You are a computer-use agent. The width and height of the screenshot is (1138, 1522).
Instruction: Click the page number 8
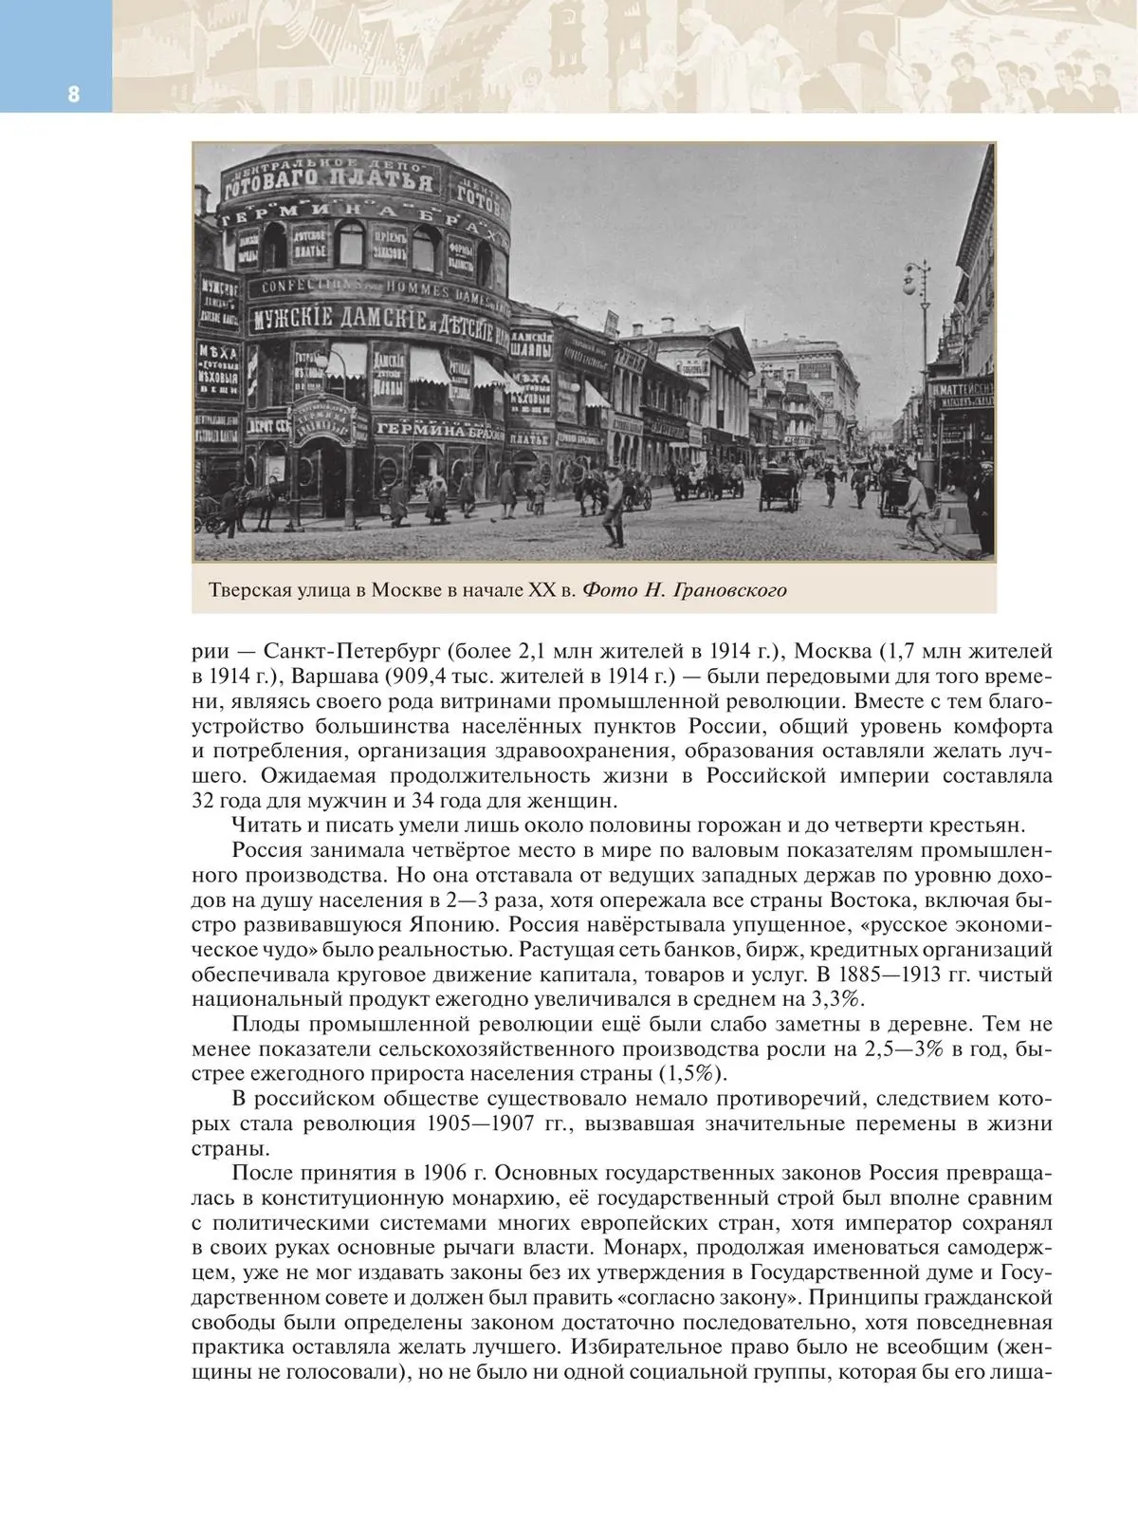[x=73, y=94]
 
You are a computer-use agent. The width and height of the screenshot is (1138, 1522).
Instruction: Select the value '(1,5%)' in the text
[x=693, y=1074]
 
